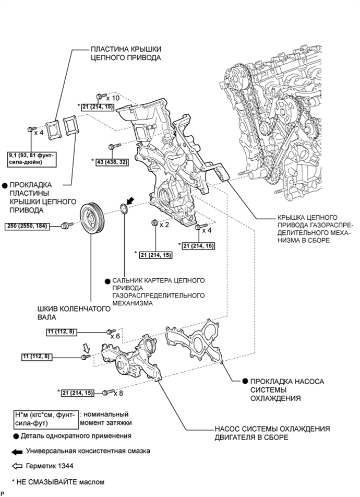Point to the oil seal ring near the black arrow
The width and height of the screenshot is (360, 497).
125,209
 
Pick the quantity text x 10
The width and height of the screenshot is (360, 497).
113,97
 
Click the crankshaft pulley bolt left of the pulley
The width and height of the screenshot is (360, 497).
66,225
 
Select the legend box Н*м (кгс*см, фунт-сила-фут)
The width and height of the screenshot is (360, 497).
46,418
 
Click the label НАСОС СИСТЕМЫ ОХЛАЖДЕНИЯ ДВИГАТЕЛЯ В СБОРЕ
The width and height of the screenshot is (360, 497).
272,433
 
